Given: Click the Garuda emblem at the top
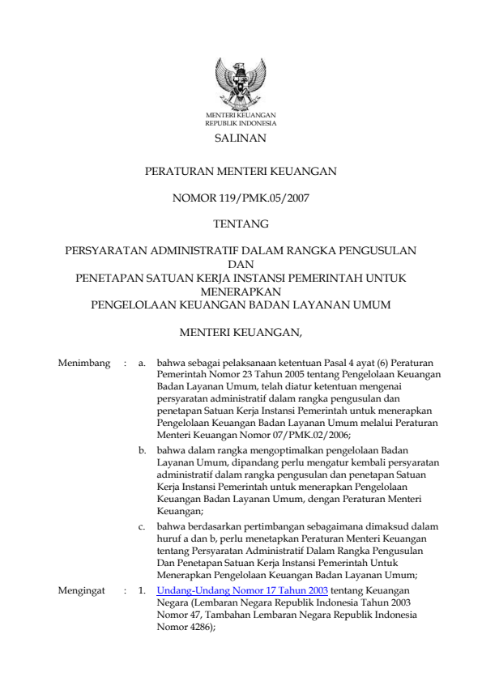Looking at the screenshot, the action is tap(241, 84).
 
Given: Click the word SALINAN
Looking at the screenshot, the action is tap(241, 139).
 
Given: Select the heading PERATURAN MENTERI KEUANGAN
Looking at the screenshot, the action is tap(240, 172).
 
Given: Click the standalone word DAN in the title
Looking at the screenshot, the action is tap(241, 264).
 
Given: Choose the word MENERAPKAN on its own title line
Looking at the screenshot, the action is tap(241, 291).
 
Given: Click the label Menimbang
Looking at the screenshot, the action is tap(84, 364).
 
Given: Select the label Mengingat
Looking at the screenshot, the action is tap(82, 591).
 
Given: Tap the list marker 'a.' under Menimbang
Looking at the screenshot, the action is tap(143, 364).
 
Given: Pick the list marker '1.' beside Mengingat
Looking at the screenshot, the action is tap(143, 591).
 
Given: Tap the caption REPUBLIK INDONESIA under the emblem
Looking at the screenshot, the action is tap(241, 124).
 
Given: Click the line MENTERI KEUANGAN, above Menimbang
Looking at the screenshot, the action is tap(241, 330).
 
